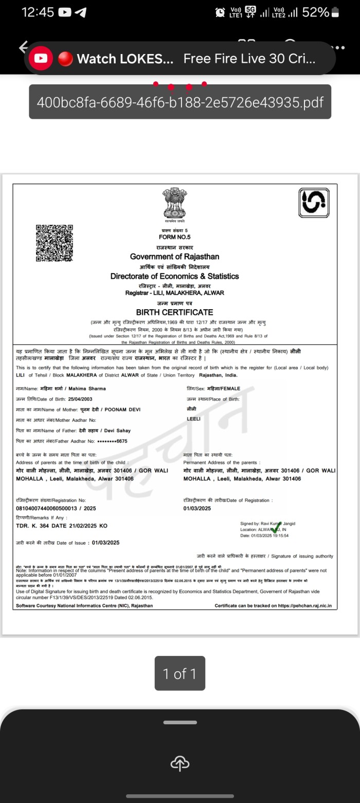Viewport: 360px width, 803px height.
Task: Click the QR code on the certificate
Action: click(54, 243)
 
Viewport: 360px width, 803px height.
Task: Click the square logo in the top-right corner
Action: click(314, 203)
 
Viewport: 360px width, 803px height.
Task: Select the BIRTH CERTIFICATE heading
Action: click(174, 312)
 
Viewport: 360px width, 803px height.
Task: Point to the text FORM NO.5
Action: click(174, 237)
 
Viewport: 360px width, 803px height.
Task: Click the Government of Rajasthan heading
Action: click(174, 257)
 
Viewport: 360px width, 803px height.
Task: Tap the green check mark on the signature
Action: click(276, 528)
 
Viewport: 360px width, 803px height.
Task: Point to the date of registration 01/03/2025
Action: click(197, 509)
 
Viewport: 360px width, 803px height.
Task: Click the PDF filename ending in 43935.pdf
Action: click(180, 102)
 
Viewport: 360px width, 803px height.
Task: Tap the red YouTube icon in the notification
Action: click(41, 58)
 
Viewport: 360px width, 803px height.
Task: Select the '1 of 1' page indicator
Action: click(179, 673)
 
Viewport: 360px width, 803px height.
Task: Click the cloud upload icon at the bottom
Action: click(179, 763)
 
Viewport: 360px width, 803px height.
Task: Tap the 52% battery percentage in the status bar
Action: click(315, 12)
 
